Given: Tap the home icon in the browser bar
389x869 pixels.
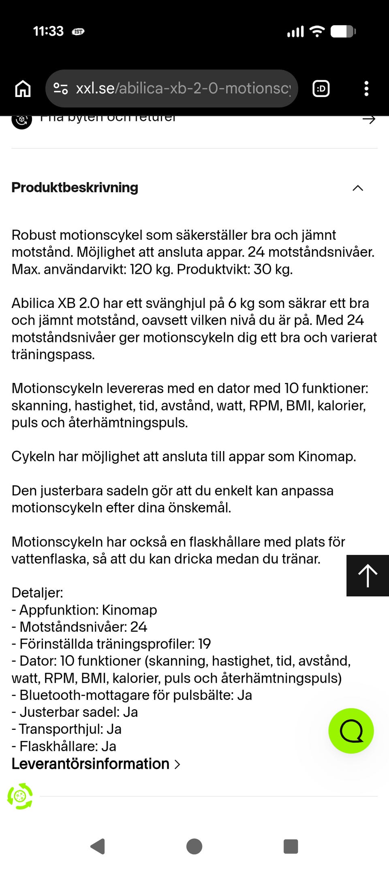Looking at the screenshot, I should [x=23, y=88].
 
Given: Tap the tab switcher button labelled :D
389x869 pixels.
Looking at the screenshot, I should [x=321, y=88].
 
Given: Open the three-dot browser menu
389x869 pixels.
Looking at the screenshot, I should [x=366, y=88].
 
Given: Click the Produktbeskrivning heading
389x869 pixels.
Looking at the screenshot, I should [x=75, y=187].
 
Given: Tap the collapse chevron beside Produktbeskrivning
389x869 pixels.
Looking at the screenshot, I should [x=358, y=188].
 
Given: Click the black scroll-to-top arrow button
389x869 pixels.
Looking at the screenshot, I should [x=368, y=575].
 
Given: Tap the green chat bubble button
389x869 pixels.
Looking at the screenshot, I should [x=351, y=731].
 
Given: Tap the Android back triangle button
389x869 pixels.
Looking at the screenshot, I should [x=98, y=846].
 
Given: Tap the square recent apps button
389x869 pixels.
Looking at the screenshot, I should [x=291, y=846].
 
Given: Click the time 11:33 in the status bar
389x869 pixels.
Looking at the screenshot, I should [x=48, y=31].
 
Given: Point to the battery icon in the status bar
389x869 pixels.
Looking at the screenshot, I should [x=343, y=31].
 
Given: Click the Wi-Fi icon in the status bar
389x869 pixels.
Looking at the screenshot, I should [x=317, y=31].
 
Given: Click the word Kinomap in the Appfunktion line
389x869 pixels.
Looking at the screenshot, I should [x=129, y=610].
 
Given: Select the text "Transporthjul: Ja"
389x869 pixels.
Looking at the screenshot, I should [x=70, y=729].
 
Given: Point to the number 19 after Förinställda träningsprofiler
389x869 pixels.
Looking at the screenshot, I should [x=204, y=644].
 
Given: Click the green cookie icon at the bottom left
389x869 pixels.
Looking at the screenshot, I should [x=20, y=796].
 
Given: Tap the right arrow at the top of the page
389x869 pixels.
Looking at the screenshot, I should [x=369, y=119].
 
